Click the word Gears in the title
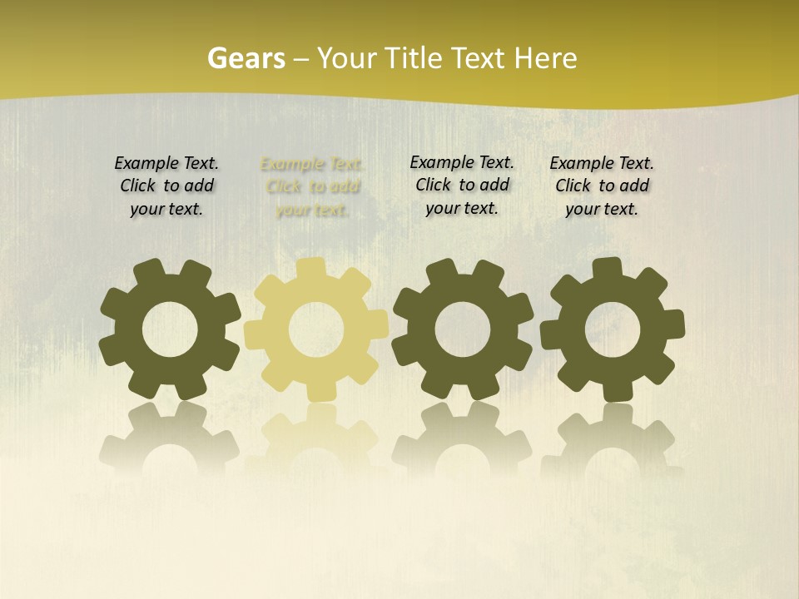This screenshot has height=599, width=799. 246,59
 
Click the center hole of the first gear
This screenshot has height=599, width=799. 170,329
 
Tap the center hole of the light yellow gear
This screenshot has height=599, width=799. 316,330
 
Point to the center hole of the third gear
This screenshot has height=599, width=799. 462,329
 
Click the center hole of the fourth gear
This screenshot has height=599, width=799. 613,329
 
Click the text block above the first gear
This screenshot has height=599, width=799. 166,186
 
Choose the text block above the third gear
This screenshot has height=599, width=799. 462,185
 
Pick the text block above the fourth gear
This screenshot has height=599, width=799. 602,186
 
